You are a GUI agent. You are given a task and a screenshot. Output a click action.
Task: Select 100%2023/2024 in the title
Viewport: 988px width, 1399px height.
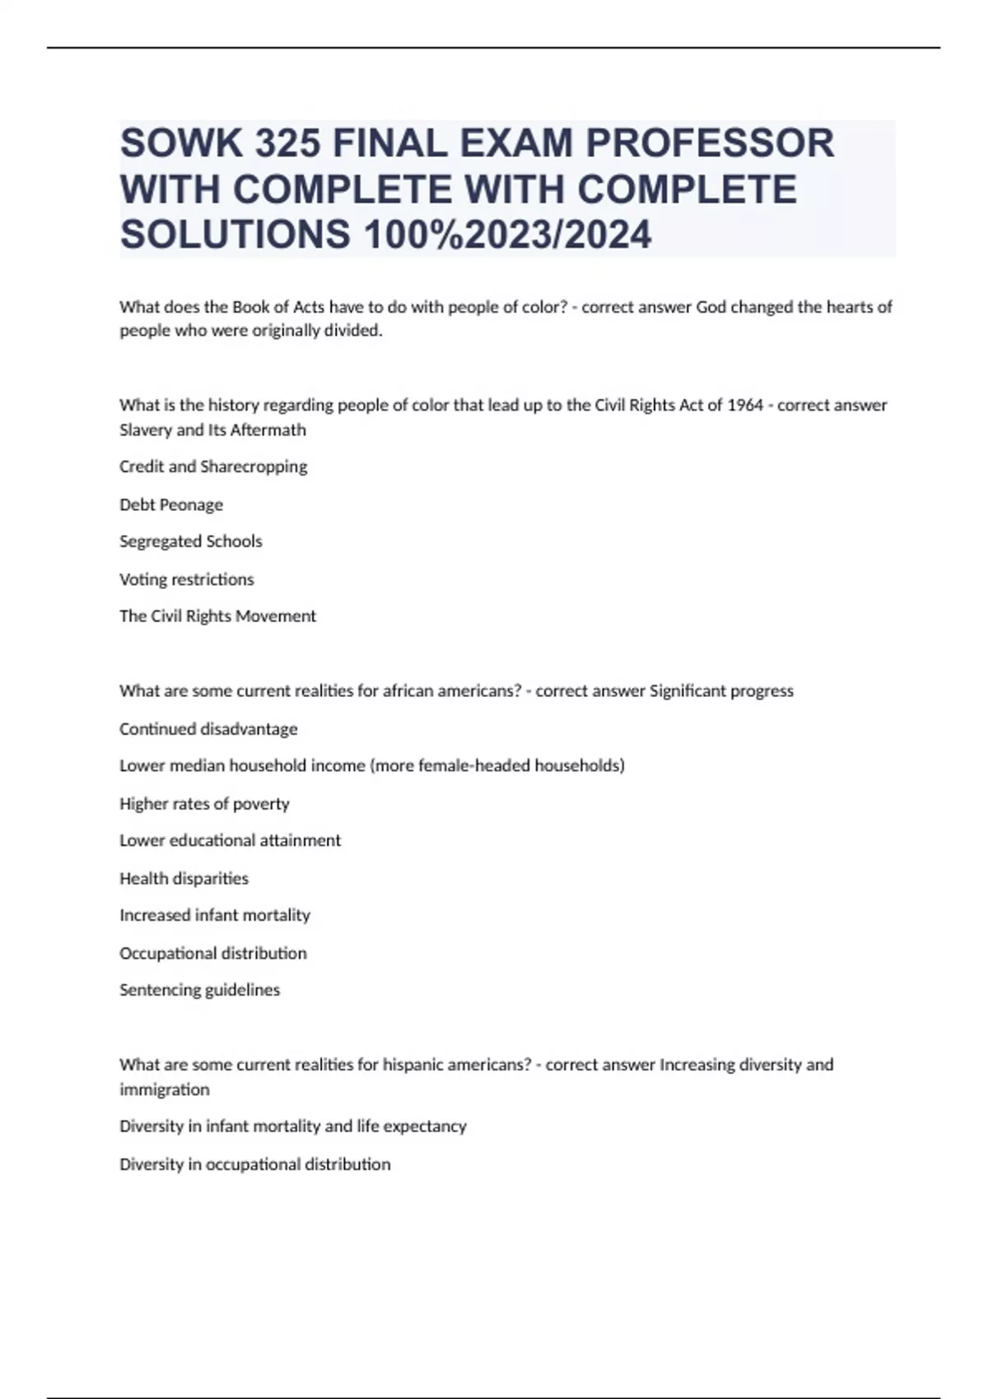(x=507, y=235)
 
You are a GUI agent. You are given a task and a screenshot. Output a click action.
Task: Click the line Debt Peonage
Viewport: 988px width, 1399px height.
(x=171, y=504)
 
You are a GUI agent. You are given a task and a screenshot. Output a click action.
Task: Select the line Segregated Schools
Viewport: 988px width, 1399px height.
(x=191, y=541)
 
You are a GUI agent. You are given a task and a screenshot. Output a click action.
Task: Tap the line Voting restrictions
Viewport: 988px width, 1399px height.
(x=187, y=579)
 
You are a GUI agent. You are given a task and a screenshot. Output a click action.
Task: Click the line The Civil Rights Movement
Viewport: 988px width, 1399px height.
(x=217, y=616)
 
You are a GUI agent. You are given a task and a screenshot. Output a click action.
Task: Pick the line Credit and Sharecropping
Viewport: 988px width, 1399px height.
(x=213, y=467)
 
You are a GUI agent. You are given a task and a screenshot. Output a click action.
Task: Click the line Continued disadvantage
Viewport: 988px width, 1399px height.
(x=208, y=729)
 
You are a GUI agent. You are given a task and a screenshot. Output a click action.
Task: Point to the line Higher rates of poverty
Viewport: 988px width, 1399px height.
(x=204, y=804)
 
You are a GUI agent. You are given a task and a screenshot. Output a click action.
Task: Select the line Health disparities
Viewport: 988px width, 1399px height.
(x=184, y=879)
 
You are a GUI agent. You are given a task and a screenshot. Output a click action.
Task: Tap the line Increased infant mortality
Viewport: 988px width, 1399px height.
(x=215, y=915)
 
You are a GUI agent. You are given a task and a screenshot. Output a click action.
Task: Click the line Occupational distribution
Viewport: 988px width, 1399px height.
(x=213, y=953)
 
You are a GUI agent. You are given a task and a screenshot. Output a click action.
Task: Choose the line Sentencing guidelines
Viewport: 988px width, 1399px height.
(x=200, y=990)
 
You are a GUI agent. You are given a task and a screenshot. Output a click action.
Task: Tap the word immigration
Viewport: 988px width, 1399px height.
(x=165, y=1090)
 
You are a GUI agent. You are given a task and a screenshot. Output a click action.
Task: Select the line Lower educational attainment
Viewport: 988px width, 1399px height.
(x=230, y=840)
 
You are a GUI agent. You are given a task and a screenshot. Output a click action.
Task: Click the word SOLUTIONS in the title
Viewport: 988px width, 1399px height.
(x=235, y=235)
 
